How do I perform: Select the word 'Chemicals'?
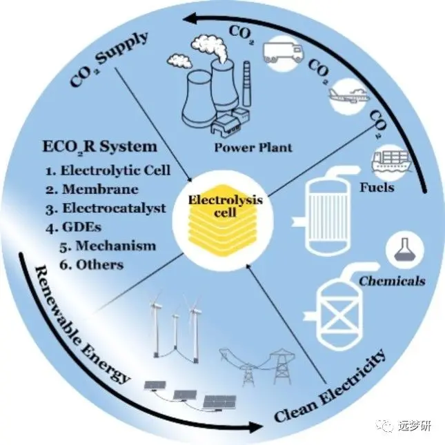click(x=391, y=281)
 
